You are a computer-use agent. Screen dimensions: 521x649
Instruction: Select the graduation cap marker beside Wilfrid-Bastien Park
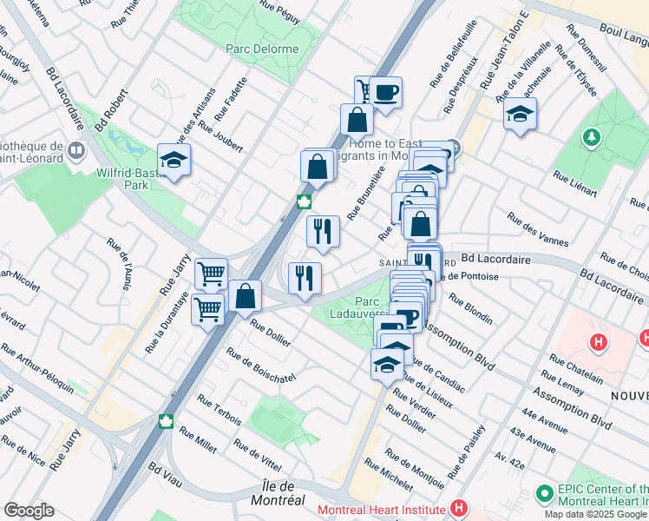174,161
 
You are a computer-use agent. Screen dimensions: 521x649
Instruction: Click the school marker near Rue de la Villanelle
520,115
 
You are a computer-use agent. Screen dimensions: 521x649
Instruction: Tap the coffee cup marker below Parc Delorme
385,91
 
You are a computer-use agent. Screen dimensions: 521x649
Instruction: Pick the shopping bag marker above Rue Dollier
246,296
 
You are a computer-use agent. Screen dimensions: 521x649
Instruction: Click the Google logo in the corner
29,510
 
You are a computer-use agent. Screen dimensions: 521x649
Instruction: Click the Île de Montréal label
291,492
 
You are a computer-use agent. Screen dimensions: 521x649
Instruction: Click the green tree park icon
593,137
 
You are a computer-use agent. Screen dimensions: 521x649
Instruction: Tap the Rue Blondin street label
471,306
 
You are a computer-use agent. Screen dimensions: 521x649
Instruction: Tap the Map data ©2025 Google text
596,514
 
